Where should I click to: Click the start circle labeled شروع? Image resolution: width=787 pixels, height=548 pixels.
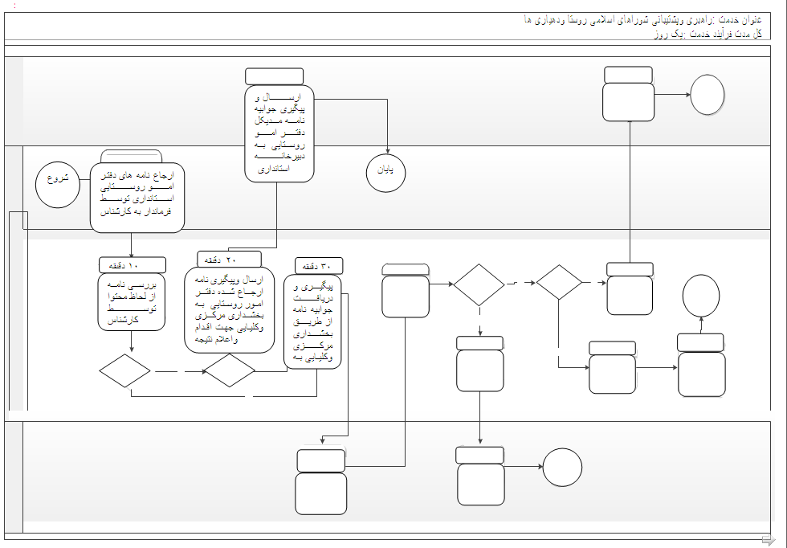[x=58, y=184]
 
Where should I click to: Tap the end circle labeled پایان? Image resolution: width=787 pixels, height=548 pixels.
[x=385, y=173]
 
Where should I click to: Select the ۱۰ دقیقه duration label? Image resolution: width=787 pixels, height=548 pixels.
[x=133, y=264]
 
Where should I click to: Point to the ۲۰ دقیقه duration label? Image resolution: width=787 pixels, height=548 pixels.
[x=229, y=259]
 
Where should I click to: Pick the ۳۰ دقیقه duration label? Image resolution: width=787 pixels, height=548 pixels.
[x=319, y=266]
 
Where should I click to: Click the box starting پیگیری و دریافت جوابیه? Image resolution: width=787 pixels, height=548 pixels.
[x=313, y=321]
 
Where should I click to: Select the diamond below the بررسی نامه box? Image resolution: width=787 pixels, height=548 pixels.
[x=124, y=371]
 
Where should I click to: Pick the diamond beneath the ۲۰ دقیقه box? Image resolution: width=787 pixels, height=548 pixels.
[x=229, y=371]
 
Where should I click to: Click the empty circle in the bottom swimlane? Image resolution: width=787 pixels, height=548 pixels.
[x=561, y=467]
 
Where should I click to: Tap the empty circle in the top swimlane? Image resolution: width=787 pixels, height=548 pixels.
[x=707, y=95]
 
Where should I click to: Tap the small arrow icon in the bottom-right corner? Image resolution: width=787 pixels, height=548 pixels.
[x=768, y=539]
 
